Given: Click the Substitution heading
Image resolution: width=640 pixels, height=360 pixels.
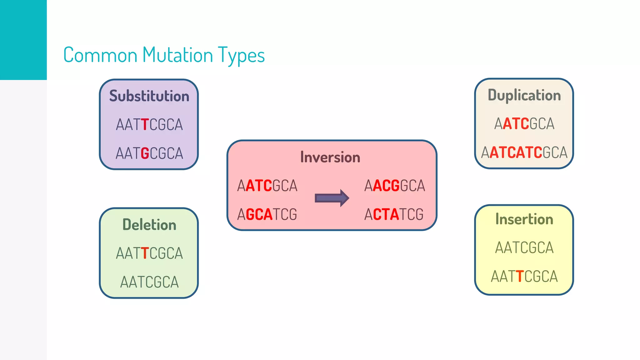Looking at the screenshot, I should coord(149,96).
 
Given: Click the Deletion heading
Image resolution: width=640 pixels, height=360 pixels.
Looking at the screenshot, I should coord(149,225).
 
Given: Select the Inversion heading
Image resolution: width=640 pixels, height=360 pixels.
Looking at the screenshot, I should coord(330,157).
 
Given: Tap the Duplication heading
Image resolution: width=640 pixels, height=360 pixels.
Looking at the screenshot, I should coord(524,95).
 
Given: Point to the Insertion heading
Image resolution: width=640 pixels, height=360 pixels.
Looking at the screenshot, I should coord(524,219).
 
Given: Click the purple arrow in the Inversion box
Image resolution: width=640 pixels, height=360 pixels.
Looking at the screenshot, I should coord(332,198).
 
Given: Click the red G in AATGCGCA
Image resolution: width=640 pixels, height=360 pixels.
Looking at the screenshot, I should coord(145,153).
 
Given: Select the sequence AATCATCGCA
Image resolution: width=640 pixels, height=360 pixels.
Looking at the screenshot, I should coord(524,152).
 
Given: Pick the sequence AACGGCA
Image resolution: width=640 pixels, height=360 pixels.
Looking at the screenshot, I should coord(394,186).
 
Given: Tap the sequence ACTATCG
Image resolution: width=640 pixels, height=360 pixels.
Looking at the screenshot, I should coord(394,214).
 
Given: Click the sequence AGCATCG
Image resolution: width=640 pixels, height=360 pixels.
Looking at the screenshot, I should coord(267,214).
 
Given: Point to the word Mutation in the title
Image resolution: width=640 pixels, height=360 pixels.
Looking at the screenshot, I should coord(177,55).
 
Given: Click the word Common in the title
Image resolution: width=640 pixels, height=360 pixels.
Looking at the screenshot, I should coord(100,55).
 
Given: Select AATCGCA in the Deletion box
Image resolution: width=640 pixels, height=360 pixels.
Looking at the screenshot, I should coord(149,282).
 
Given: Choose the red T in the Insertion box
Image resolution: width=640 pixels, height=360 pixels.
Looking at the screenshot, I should coord(519,277).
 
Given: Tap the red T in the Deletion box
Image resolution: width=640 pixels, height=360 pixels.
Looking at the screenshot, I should coord(144,253).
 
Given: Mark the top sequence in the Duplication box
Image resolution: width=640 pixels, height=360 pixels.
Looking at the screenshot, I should coord(524,124).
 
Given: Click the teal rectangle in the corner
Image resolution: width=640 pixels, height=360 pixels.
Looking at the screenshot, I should coord(23,40).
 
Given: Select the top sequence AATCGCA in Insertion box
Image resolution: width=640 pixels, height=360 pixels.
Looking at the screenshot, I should coord(524,248).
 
